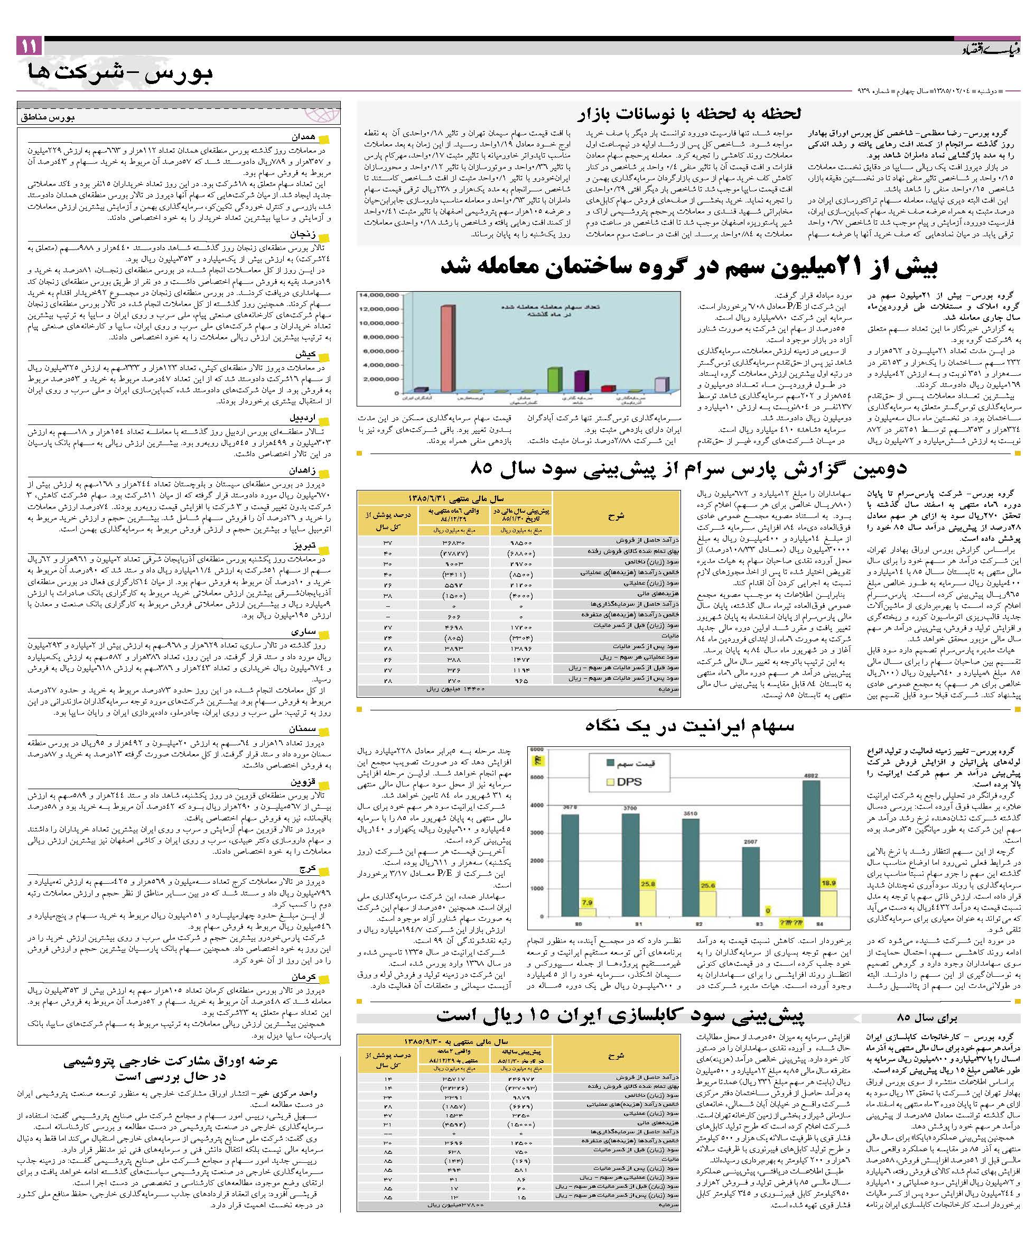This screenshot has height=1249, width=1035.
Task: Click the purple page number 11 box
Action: coord(29,46)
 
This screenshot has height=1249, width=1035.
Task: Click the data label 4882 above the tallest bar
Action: coord(811,775)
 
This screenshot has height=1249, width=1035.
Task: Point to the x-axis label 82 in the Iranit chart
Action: coord(698,923)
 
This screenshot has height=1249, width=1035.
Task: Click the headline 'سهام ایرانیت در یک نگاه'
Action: coord(689,725)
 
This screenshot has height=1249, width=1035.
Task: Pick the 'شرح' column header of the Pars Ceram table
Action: coord(616,516)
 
